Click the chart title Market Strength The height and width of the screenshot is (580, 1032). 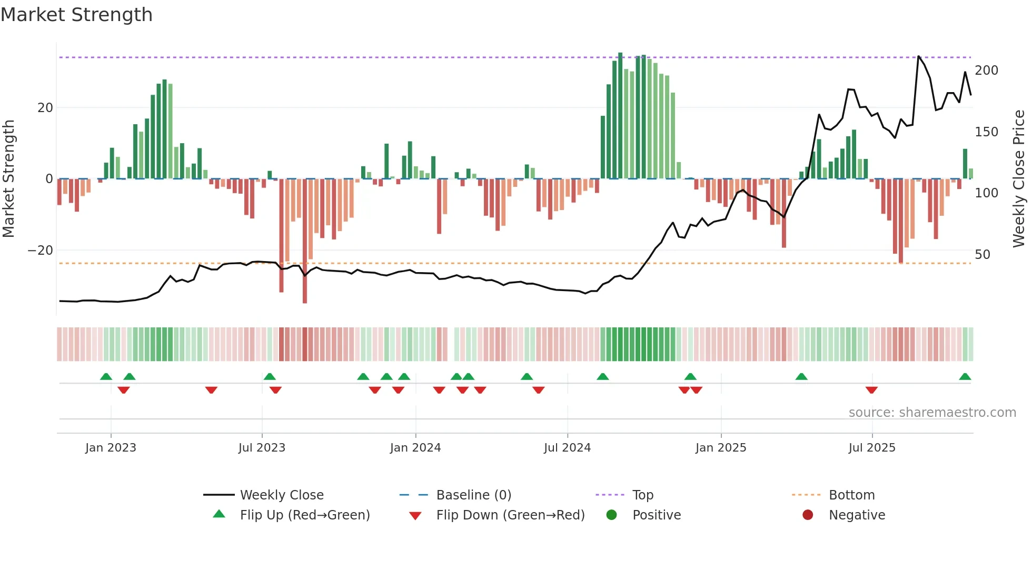[x=77, y=15]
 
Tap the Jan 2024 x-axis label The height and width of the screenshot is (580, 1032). [x=415, y=448]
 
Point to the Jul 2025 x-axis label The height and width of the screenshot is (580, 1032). [x=872, y=448]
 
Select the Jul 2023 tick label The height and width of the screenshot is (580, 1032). [x=262, y=448]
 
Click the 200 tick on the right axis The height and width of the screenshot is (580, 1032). [x=986, y=71]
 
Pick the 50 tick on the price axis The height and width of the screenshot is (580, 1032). [x=983, y=255]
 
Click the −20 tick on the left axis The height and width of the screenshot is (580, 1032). [x=41, y=251]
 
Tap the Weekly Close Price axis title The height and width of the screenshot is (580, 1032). [x=1019, y=179]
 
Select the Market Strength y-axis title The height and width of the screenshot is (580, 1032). [x=9, y=179]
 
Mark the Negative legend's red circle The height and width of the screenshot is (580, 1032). [x=808, y=515]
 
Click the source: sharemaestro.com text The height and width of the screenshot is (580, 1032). [x=932, y=413]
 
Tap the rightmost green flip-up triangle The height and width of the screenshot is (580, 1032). [x=965, y=377]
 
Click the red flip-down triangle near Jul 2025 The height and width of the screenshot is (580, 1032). [x=871, y=390]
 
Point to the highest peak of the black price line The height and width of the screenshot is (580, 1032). [x=919, y=56]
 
